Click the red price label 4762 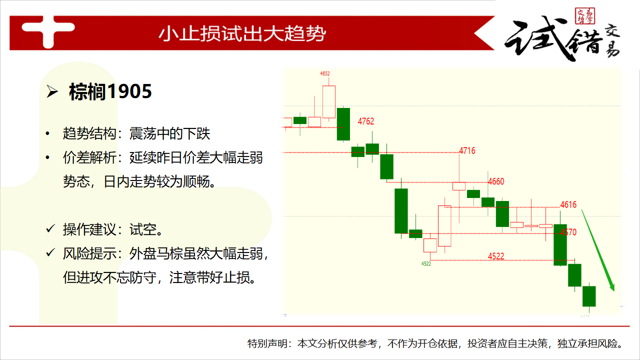(x=365, y=121)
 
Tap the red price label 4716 (x=467, y=150)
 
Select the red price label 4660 (x=496, y=181)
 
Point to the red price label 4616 (x=568, y=204)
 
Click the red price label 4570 (x=568, y=232)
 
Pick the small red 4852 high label (x=325, y=73)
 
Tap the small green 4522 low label (x=426, y=263)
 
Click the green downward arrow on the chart (x=597, y=250)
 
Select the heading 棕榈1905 (x=110, y=91)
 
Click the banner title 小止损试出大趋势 (x=242, y=33)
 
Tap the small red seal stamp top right (x=585, y=16)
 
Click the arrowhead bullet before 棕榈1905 (x=52, y=92)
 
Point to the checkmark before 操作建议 (x=50, y=228)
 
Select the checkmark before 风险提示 (x=50, y=252)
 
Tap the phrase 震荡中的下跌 (x=169, y=133)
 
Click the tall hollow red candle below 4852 (x=329, y=101)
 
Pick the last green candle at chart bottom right (x=589, y=296)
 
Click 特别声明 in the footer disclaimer (x=267, y=343)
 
